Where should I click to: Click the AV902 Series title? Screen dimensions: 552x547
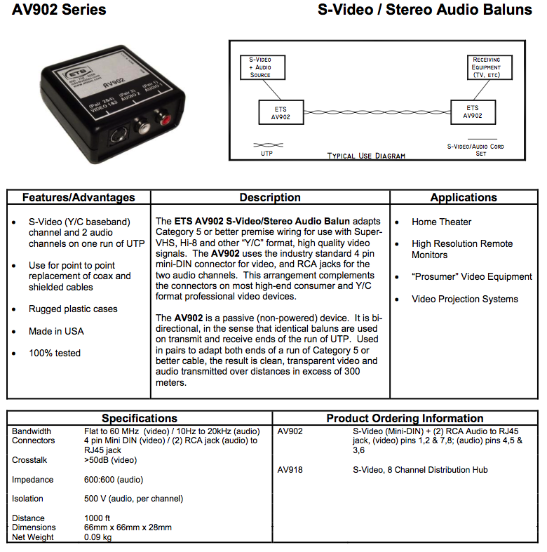point(60,11)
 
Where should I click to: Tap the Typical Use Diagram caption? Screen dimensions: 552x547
point(365,155)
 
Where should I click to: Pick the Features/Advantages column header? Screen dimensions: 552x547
point(78,197)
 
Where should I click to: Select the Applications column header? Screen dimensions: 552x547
point(464,197)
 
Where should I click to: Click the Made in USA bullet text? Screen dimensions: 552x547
point(56,331)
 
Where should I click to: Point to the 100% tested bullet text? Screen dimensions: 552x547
point(55,353)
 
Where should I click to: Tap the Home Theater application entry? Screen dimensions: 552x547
point(441,222)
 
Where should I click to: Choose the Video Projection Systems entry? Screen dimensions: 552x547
point(464,299)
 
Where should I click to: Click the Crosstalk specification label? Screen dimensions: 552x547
point(30,460)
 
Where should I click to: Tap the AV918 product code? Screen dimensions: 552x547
point(290,469)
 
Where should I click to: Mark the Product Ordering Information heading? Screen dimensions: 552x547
point(405,418)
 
